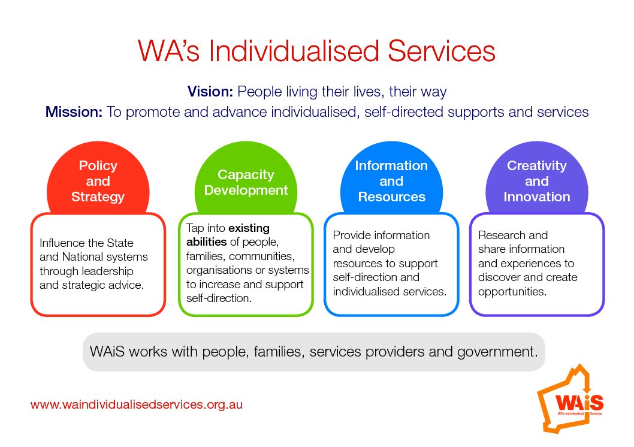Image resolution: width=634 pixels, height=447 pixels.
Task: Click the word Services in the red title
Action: (442, 51)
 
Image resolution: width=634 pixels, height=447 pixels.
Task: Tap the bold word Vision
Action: (210, 91)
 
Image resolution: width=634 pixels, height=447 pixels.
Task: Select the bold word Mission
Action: (74, 111)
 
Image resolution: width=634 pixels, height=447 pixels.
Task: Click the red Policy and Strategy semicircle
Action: (98, 178)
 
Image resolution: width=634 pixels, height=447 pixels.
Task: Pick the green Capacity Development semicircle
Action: (246, 178)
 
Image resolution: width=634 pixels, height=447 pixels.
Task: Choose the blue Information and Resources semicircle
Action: (391, 178)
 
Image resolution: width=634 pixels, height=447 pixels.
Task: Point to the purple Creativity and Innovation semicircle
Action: (537, 178)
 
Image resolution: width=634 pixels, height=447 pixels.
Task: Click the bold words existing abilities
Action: (228, 235)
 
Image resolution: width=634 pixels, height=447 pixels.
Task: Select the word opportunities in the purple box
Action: (512, 292)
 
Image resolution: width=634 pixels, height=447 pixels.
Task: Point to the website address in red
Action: (136, 404)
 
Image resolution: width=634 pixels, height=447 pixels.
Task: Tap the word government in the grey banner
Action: (498, 352)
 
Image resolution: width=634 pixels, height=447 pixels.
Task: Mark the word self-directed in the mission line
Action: (404, 111)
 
